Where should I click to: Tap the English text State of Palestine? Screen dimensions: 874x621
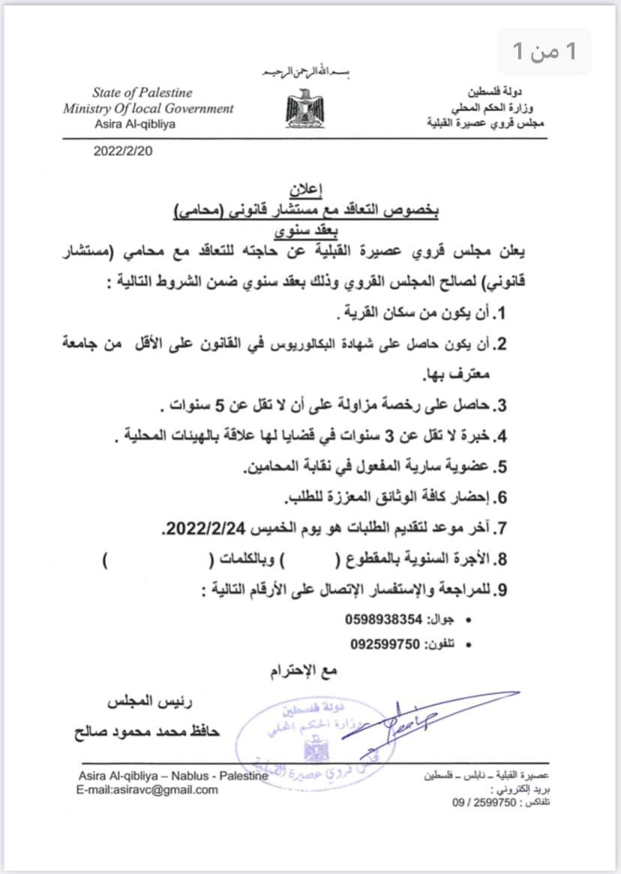click(x=142, y=93)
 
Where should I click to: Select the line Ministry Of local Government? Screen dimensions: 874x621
click(x=148, y=108)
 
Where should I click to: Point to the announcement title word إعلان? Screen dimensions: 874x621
click(x=303, y=188)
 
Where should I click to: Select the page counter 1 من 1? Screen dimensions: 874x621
click(x=546, y=51)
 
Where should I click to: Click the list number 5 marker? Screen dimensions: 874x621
click(x=502, y=467)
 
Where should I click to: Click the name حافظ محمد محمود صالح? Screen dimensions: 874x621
click(x=148, y=728)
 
